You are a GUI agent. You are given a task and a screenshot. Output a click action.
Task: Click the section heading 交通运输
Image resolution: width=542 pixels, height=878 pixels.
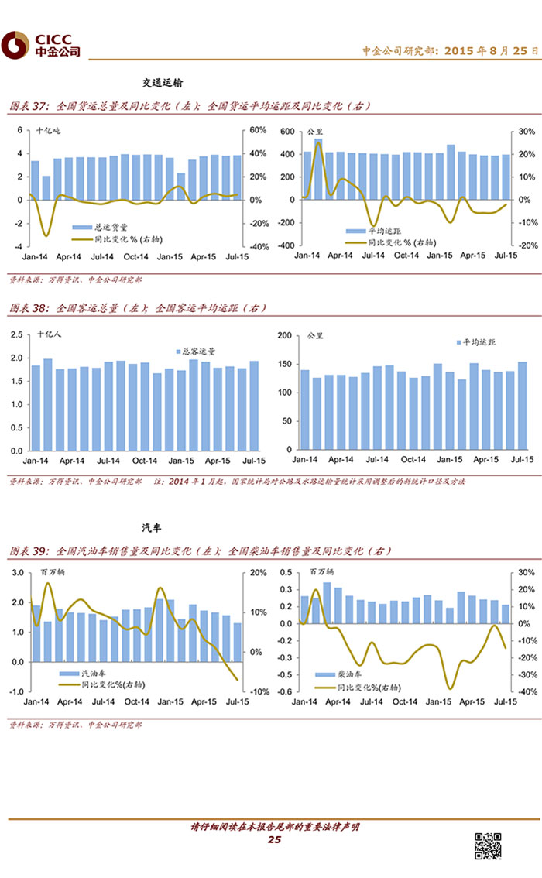163,82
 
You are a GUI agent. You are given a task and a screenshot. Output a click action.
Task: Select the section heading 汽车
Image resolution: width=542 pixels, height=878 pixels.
153,528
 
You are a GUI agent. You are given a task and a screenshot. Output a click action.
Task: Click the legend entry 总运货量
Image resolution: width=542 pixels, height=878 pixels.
108,228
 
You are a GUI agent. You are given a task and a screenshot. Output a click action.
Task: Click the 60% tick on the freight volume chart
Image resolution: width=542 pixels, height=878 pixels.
257,130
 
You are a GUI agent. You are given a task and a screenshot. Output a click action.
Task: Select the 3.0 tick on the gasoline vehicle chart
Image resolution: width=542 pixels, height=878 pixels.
18,573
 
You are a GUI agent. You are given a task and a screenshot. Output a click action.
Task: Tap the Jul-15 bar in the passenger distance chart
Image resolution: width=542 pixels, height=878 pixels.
522,406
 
